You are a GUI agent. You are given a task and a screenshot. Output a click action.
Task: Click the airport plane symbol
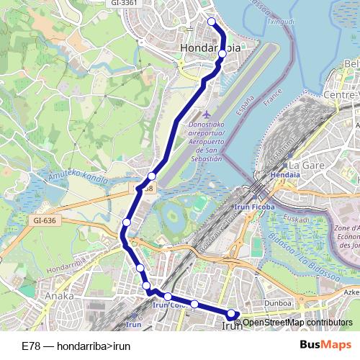(x=208, y=114)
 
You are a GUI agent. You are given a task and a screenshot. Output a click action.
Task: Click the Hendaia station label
(x=284, y=175)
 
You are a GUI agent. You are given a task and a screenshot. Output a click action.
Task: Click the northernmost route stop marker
(x=212, y=22)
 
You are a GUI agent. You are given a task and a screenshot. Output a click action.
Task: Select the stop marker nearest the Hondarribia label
(x=222, y=54)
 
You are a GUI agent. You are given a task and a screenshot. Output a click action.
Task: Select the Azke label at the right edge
(x=351, y=294)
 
